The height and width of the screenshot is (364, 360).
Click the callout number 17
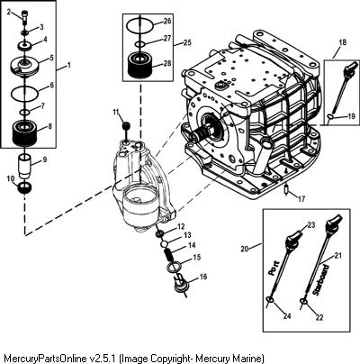(x=301, y=199)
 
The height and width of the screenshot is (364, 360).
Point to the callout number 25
(x=187, y=42)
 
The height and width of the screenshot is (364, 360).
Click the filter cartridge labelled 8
(x=25, y=132)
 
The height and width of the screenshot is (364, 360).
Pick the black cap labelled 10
(x=25, y=187)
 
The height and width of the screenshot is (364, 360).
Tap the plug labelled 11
(x=126, y=125)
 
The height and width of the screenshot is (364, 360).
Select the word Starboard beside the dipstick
(x=321, y=279)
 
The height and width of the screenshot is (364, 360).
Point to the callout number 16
(x=203, y=277)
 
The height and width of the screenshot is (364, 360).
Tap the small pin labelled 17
(x=286, y=190)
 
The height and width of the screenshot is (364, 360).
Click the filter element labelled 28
(x=140, y=66)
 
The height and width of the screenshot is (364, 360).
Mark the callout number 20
(x=245, y=249)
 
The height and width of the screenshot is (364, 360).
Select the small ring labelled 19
(x=330, y=116)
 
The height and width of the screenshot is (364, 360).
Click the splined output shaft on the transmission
(x=202, y=134)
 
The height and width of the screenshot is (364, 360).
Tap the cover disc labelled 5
(x=24, y=65)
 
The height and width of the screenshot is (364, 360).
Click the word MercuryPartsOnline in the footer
(x=46, y=358)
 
